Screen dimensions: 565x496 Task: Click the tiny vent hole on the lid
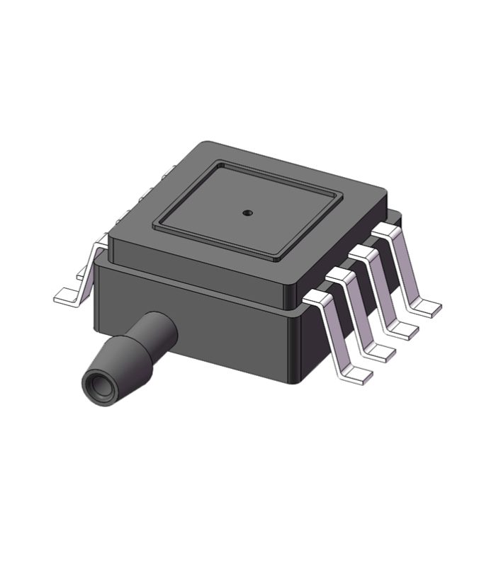pyautogui.click(x=247, y=212)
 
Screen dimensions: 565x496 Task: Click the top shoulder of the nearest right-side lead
pyautogui.click(x=319, y=297)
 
